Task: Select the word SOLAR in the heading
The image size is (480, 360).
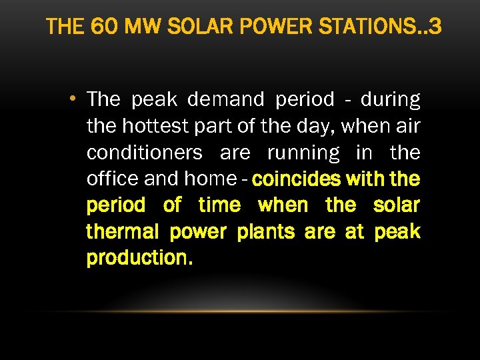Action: click(x=192, y=27)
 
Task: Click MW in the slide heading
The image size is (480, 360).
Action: click(x=137, y=27)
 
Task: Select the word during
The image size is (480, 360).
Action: click(x=390, y=100)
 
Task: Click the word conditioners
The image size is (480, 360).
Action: click(x=145, y=153)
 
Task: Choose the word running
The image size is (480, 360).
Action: click(x=303, y=153)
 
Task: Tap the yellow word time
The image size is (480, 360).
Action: click(x=220, y=205)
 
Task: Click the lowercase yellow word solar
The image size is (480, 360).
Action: click(x=397, y=205)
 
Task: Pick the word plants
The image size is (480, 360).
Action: click(x=267, y=231)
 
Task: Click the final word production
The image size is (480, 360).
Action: click(x=139, y=258)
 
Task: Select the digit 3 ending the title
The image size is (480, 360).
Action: click(x=435, y=27)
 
